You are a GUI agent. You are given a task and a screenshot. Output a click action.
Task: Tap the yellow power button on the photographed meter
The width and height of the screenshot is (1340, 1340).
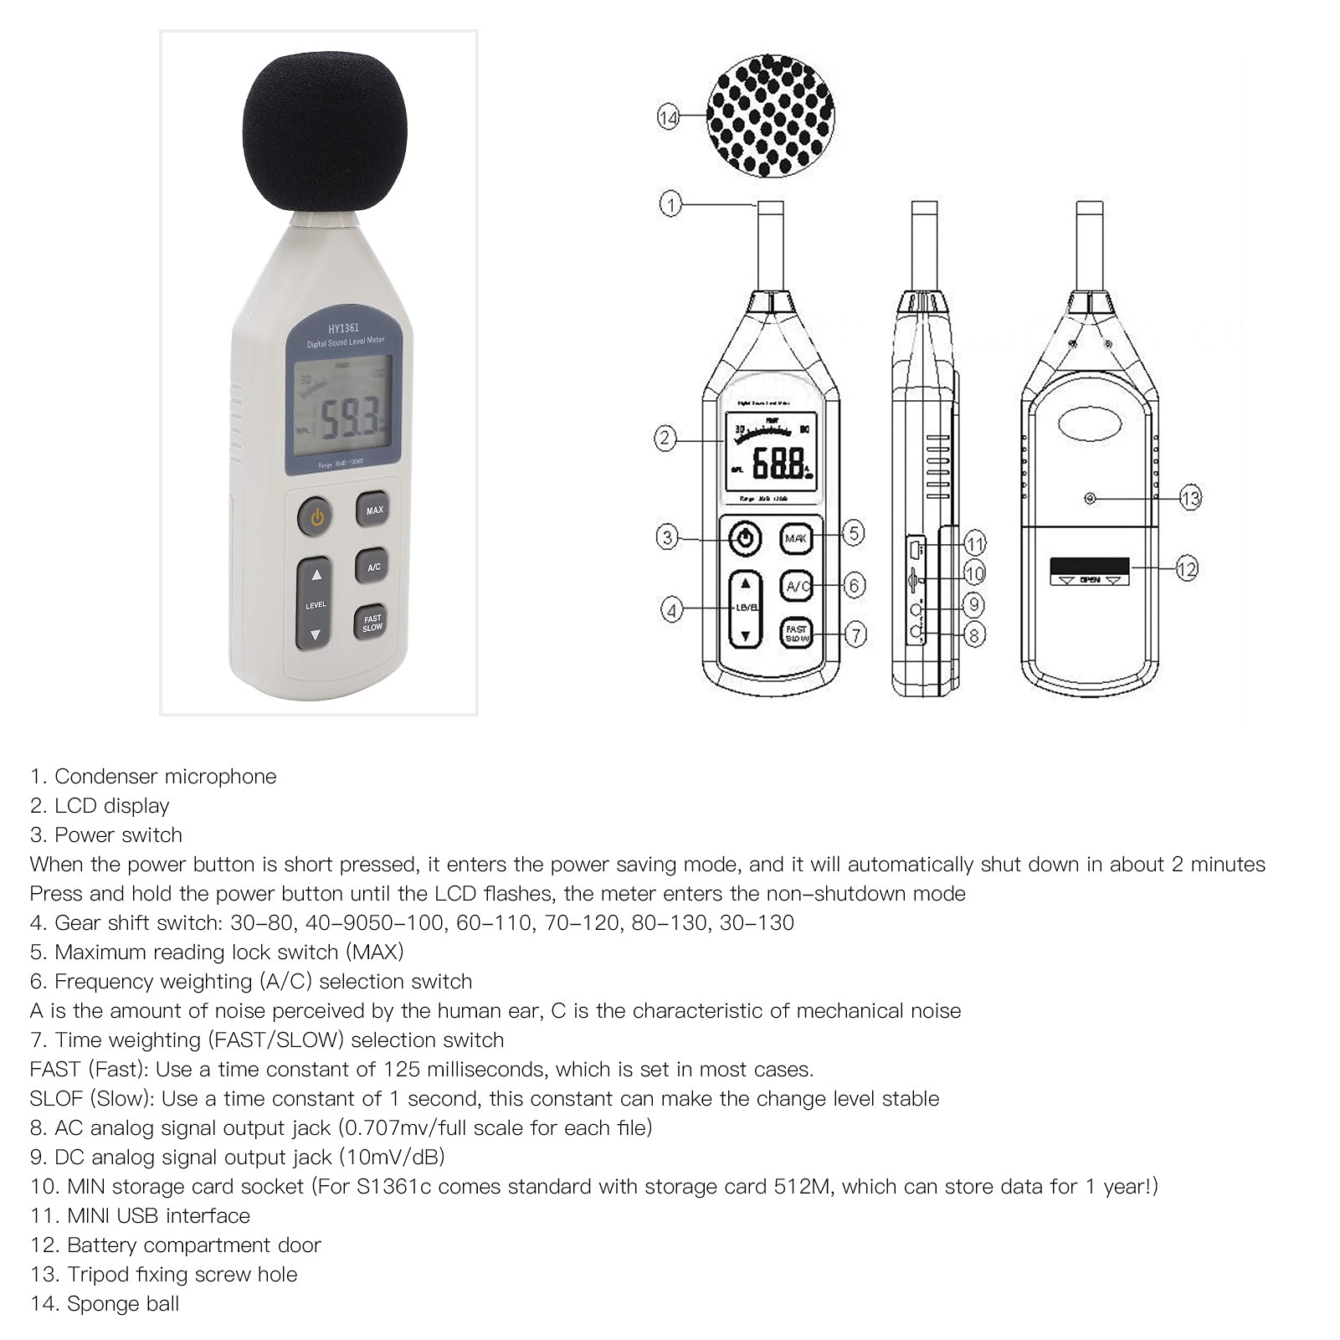(x=316, y=517)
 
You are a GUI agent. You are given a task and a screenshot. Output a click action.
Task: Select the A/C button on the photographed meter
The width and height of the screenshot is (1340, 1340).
(x=373, y=567)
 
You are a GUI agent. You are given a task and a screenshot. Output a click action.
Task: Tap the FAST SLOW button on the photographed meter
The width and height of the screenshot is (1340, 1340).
(x=372, y=623)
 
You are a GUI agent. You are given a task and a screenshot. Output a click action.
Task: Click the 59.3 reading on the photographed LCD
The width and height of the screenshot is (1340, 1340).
(x=352, y=418)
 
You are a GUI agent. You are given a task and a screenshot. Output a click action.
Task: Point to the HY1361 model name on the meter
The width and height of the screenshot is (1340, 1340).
(x=343, y=328)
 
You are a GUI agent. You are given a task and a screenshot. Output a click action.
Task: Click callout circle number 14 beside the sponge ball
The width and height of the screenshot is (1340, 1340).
(x=668, y=118)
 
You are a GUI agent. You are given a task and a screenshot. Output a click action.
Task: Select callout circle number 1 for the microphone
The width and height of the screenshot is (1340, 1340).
(x=670, y=203)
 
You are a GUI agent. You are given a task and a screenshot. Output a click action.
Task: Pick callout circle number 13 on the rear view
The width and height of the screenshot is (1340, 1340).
(x=1190, y=499)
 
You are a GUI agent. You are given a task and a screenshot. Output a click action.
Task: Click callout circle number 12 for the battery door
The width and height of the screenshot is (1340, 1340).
(x=1187, y=569)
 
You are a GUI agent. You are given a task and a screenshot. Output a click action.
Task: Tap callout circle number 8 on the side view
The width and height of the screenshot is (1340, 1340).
(x=973, y=635)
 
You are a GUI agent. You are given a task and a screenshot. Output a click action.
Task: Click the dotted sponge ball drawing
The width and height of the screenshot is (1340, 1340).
(x=770, y=115)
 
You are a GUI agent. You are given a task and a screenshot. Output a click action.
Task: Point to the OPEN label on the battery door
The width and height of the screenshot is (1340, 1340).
(x=1090, y=579)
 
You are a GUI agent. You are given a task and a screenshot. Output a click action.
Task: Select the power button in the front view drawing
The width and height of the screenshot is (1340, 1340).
(x=745, y=538)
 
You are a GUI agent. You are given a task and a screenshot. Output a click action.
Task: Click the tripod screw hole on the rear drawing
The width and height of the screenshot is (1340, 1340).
(x=1090, y=499)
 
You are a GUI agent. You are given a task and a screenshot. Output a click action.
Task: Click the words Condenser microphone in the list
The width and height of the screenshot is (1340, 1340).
(x=165, y=777)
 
